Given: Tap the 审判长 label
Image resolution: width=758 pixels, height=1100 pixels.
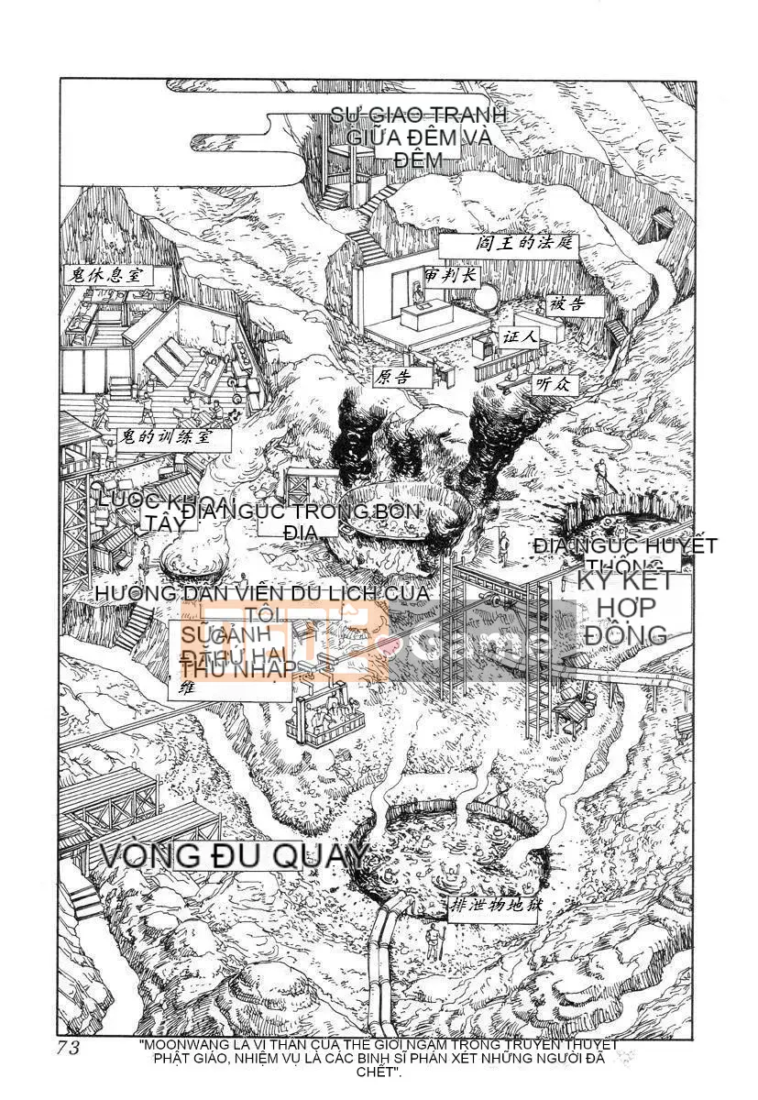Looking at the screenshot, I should click(446, 274).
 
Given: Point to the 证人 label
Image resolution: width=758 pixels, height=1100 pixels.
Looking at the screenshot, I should click(520, 336).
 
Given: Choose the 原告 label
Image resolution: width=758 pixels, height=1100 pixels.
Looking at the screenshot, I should click(391, 377).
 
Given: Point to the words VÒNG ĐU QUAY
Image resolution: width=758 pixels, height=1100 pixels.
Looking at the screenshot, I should click(233, 855).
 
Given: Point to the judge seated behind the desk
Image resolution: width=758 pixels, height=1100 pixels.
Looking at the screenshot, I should click(418, 296).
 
